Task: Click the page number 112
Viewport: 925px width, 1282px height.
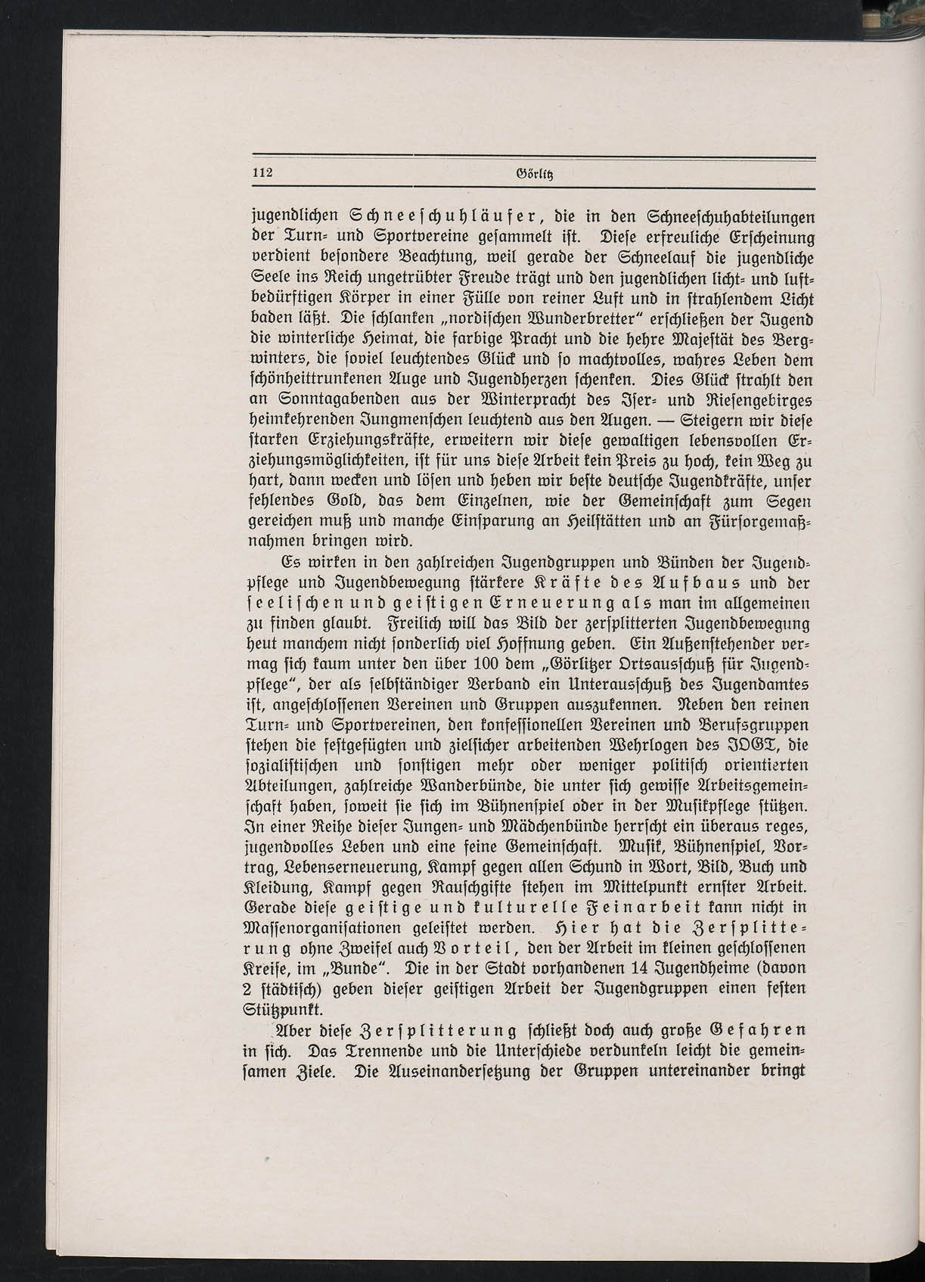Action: [262, 172]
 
